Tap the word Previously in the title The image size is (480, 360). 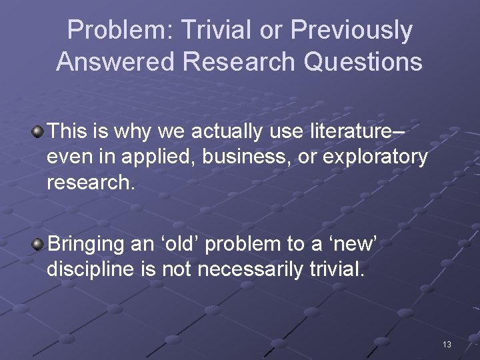click(x=351, y=31)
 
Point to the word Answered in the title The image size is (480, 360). click(x=115, y=62)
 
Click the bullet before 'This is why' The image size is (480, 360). click(x=38, y=131)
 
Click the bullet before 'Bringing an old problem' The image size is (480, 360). click(x=38, y=244)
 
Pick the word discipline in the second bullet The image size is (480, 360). click(x=89, y=270)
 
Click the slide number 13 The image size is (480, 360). click(x=447, y=344)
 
